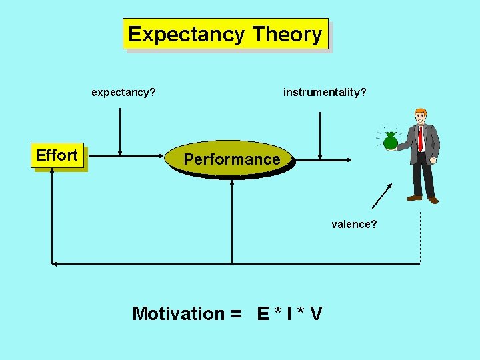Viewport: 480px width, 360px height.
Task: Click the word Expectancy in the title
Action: click(x=187, y=34)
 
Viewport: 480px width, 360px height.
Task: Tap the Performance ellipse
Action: click(x=231, y=159)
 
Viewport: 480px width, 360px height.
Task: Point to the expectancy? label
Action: click(x=123, y=92)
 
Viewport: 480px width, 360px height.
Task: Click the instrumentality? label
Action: click(x=325, y=92)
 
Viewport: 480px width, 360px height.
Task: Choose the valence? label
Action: click(x=354, y=224)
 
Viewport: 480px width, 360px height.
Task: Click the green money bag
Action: click(x=391, y=140)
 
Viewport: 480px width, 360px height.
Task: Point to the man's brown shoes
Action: click(x=423, y=198)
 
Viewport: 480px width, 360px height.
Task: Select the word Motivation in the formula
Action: click(x=179, y=313)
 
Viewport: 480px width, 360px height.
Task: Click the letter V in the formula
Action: click(x=316, y=313)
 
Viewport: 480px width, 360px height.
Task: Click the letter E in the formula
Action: click(x=264, y=313)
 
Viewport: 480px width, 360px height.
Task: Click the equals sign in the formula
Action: click(x=234, y=313)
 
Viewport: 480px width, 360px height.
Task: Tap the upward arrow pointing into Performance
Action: click(x=232, y=220)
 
